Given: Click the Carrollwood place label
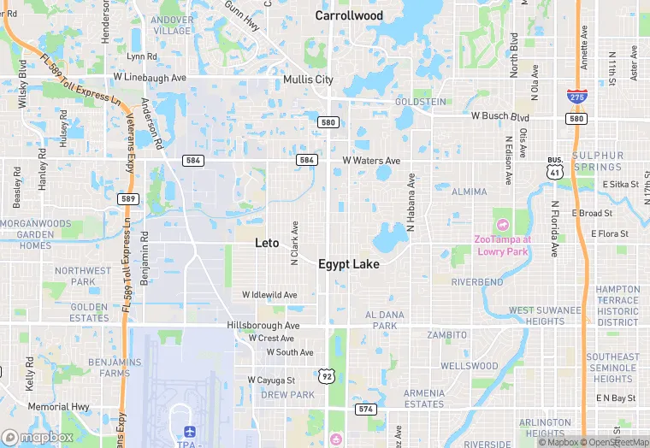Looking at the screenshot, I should [349, 15].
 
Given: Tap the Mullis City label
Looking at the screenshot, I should [308, 80].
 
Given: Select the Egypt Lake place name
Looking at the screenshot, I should [349, 264].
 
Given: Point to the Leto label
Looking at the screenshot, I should [267, 243].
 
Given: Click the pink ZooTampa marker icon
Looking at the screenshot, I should [501, 224].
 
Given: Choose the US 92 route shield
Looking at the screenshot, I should [326, 375].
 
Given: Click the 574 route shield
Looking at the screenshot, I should [366, 409].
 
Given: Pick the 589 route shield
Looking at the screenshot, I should [128, 198].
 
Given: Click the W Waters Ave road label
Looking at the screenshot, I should [371, 161].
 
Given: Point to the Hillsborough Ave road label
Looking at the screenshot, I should [263, 326].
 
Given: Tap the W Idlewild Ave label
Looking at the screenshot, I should [269, 295].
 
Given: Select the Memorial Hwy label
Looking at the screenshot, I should [58, 407].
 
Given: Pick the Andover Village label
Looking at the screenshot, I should [172, 25].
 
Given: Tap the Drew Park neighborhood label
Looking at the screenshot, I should [287, 395].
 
